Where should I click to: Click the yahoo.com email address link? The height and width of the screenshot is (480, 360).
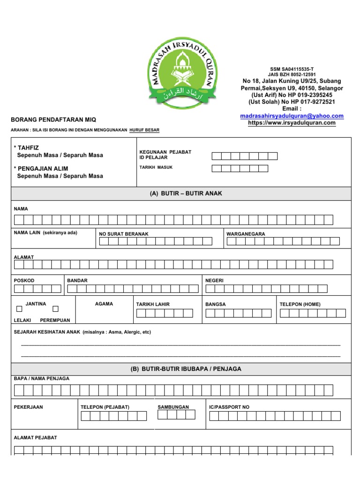[x=292, y=116]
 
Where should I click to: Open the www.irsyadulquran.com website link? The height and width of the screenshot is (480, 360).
[x=292, y=123]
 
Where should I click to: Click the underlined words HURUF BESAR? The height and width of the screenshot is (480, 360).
[x=144, y=130]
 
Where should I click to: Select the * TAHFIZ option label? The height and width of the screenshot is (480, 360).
[x=30, y=148]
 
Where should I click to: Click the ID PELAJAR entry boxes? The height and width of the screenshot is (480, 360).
[x=244, y=156]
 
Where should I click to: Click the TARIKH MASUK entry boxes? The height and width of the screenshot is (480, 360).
[x=240, y=168]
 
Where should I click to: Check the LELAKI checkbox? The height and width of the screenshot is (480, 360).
[x=19, y=309]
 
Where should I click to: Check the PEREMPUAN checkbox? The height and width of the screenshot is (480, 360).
[x=55, y=309]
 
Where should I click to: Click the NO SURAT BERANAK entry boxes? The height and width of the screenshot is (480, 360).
[x=155, y=241]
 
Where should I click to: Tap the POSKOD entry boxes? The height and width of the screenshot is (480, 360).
[x=37, y=289]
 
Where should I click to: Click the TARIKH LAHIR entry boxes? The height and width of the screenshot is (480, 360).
[x=164, y=313]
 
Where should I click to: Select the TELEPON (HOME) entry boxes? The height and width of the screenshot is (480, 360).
[x=313, y=313]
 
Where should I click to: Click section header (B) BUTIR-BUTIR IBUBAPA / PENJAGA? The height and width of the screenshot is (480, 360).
[x=186, y=369]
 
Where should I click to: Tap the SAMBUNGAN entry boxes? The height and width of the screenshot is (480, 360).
[x=176, y=415]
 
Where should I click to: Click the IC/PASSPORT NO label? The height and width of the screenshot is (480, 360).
[x=229, y=407]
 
